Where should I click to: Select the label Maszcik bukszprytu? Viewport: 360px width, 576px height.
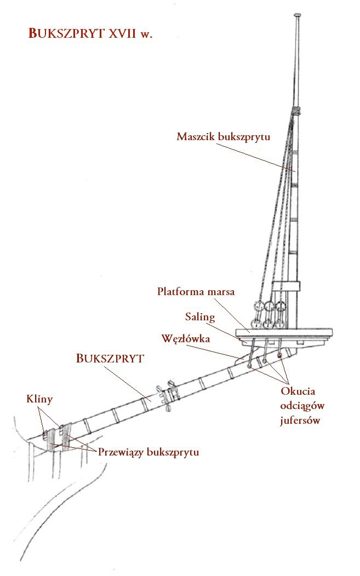[x=223, y=137]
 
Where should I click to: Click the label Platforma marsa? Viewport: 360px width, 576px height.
[x=196, y=291]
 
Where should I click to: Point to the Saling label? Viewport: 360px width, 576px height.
[x=199, y=316]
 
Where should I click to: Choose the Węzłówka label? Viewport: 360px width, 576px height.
[x=186, y=338]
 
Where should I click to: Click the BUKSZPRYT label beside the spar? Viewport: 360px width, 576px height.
[x=110, y=358]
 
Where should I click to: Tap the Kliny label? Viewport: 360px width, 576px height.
[x=39, y=399]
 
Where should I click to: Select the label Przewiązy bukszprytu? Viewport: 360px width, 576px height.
[x=148, y=452]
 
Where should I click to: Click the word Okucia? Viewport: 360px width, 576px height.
[x=298, y=391]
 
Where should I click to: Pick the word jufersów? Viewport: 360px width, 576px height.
[x=300, y=421]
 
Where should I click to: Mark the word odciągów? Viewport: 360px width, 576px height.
[x=302, y=406]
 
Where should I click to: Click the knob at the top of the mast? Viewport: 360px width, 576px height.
[x=298, y=15]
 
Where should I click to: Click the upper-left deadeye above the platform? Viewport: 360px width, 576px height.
[x=259, y=306]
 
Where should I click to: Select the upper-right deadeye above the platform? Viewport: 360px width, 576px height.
[x=281, y=306]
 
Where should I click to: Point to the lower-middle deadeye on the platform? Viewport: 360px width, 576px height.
[x=267, y=324]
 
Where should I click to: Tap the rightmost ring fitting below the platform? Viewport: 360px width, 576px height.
[x=280, y=355]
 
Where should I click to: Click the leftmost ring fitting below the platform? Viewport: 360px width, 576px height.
[x=250, y=366]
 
